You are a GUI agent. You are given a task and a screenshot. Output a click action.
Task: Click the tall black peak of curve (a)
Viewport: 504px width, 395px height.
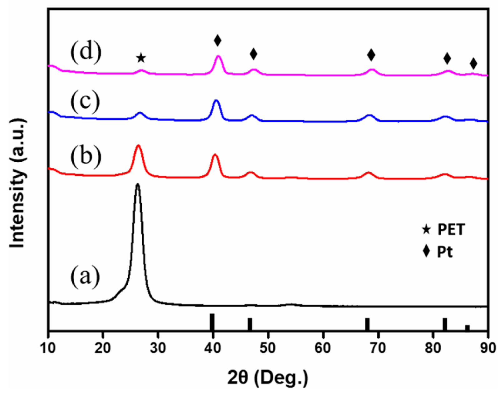tap(138, 185)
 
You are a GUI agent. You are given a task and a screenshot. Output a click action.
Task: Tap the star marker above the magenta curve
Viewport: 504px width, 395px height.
tap(141, 58)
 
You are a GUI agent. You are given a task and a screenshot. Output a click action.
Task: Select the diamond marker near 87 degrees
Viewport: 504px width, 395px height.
tap(473, 63)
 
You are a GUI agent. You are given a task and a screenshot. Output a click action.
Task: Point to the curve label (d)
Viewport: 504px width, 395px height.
tap(86, 51)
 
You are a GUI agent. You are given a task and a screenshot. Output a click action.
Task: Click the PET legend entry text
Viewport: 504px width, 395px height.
tap(451, 230)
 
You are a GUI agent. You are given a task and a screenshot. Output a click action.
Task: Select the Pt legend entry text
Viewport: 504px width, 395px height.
tap(444, 252)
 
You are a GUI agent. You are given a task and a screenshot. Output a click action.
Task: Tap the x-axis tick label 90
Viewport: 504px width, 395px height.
tap(488, 348)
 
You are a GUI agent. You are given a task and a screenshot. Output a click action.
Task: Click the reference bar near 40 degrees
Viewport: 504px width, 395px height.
tap(212, 322)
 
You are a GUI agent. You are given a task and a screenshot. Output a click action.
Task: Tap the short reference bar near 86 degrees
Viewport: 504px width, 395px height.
tap(467, 327)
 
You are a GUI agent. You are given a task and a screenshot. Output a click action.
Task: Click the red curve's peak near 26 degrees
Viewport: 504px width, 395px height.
tap(138, 146)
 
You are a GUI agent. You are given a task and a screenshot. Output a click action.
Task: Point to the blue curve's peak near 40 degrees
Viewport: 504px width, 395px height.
tap(216, 101)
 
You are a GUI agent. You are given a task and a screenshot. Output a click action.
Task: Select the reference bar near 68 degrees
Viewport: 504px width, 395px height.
tap(367, 324)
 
